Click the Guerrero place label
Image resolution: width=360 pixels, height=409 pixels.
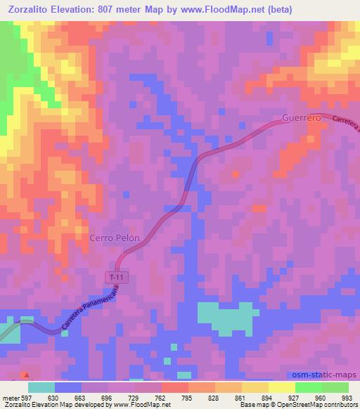301,118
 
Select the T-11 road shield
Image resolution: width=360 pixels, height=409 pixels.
117,278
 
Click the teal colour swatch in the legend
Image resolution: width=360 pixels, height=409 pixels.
41,387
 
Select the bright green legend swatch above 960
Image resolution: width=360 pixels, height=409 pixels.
309,387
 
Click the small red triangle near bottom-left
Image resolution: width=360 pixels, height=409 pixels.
27,375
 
